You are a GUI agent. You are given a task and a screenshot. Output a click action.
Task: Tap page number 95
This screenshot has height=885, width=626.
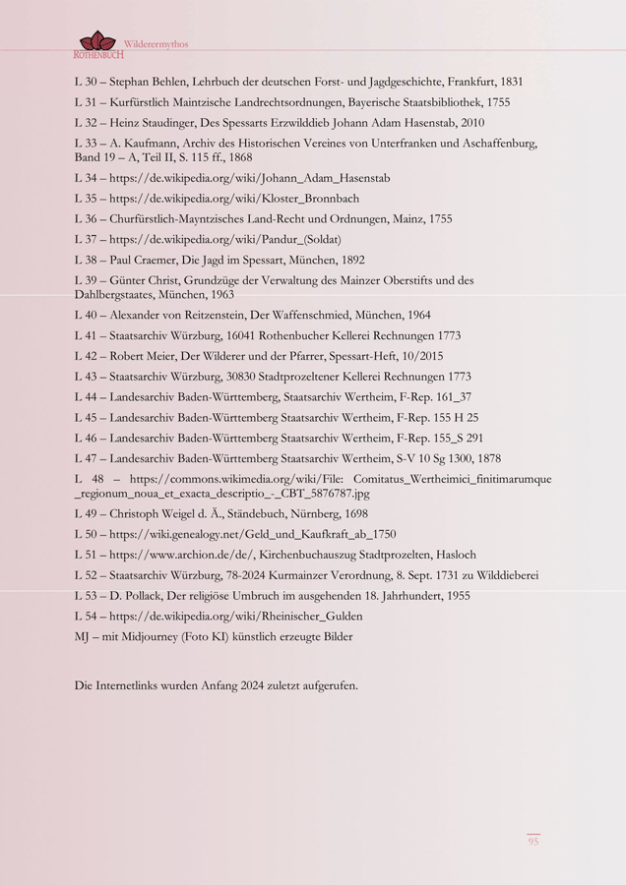532,841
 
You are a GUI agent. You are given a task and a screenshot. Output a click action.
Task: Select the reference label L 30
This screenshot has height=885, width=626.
87,83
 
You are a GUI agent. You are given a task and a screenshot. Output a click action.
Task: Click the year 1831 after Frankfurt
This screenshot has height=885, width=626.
510,83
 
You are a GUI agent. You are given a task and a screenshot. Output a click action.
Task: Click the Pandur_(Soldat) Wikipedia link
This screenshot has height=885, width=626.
225,239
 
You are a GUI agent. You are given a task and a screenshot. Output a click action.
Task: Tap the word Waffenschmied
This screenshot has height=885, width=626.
318,315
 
